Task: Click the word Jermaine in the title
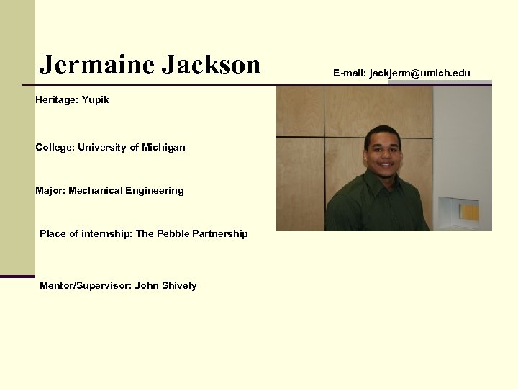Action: pos(96,65)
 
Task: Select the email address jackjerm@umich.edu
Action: pos(420,73)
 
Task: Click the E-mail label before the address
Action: pos(350,73)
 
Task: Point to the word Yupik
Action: pos(96,99)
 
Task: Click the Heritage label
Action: pos(56,99)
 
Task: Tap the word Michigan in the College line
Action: pos(163,147)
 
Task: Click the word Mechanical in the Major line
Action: pos(95,190)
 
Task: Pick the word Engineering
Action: pos(154,190)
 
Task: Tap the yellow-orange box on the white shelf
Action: pos(469,211)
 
